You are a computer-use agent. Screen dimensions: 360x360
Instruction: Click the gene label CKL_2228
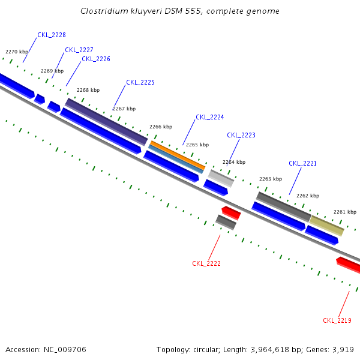52,35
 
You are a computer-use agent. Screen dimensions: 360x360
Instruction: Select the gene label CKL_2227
79,50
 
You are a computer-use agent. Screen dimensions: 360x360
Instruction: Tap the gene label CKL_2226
96,59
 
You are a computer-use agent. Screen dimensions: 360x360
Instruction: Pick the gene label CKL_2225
140,82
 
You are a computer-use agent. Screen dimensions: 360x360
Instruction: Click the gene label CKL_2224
210,117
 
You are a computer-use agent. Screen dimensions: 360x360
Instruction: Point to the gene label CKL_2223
241,135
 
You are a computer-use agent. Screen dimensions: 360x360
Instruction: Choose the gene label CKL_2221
302,163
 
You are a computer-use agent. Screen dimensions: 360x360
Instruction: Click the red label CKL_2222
206,263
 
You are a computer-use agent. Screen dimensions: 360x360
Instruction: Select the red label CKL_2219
337,320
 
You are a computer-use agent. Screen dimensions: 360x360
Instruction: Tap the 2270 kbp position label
17,52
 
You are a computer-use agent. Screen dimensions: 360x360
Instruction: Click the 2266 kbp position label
161,127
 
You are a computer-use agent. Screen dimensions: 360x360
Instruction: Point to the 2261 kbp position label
345,212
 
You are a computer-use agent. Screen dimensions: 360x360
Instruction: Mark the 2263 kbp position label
271,179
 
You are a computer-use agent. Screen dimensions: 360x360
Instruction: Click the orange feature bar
177,154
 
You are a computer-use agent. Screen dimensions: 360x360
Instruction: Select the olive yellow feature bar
327,226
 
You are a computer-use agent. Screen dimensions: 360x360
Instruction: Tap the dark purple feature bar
106,121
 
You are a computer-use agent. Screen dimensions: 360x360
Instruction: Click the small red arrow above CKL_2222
231,212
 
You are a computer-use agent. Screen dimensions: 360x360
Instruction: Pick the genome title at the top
180,11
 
